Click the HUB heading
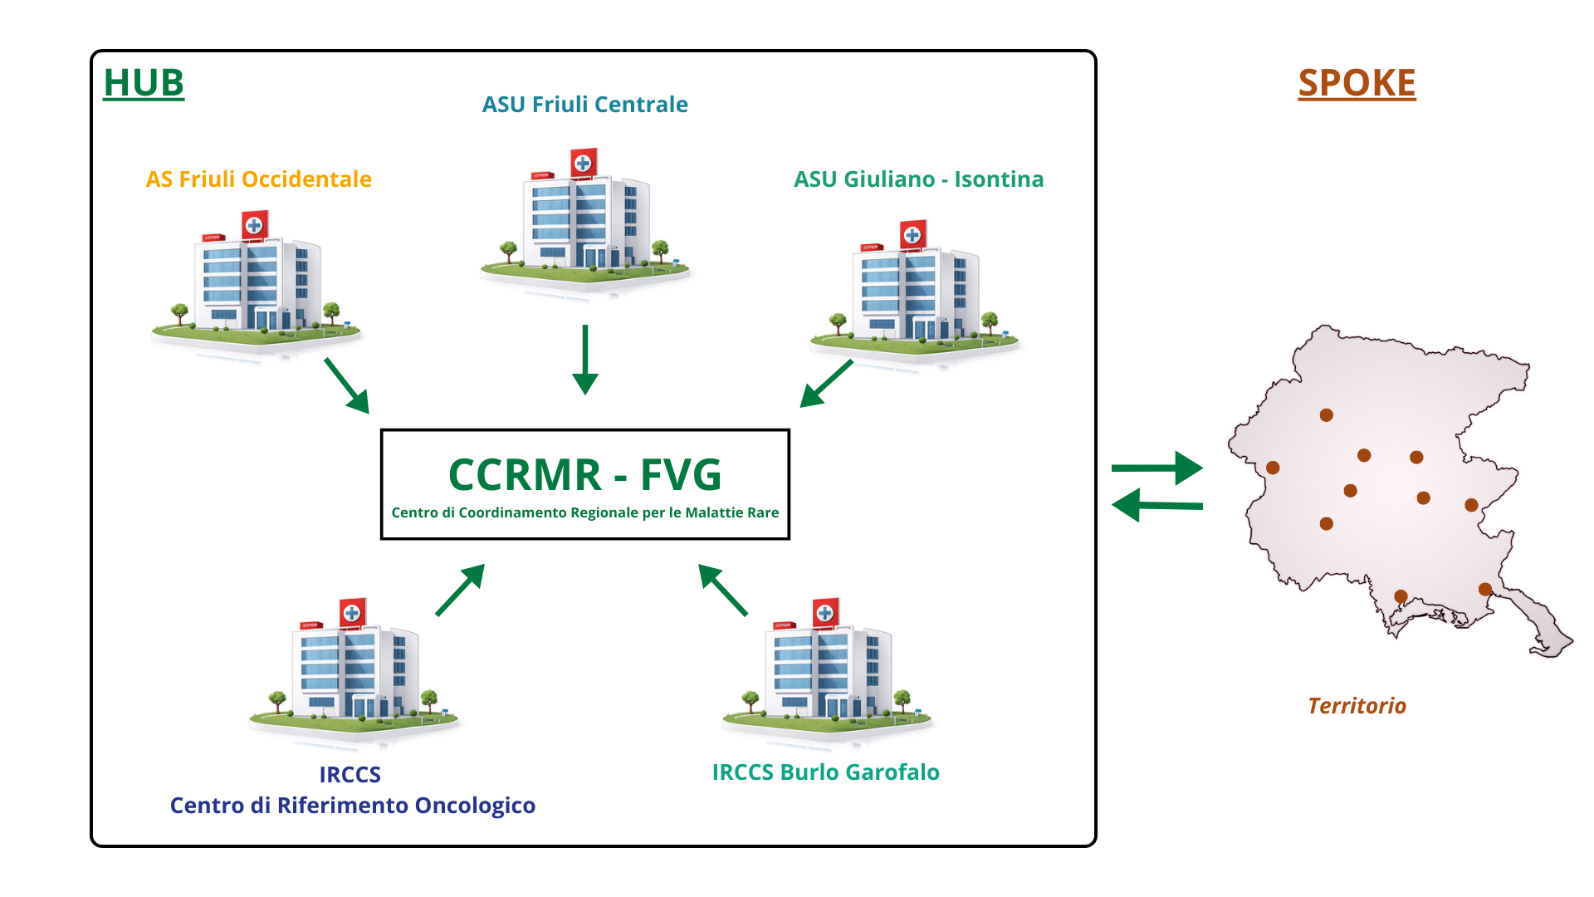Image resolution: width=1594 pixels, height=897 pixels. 144,83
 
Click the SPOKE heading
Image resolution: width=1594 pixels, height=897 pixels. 1357,83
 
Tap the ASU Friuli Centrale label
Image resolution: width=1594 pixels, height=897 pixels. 584,105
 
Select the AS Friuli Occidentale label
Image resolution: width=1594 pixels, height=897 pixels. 258,179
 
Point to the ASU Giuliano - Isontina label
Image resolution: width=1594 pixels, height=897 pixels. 918,179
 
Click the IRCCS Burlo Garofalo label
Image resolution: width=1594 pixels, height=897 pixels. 825,772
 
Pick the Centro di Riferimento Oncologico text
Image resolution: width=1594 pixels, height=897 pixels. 352,806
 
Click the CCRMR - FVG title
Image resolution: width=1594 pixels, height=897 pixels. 584,475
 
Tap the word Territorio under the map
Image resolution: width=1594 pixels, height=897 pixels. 1357,706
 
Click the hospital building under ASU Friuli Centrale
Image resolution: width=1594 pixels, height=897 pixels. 584,220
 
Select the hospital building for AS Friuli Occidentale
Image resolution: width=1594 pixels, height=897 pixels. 256,282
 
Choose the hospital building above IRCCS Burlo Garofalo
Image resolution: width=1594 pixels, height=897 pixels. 827,669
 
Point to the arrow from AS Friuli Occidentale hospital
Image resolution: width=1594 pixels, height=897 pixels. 346,385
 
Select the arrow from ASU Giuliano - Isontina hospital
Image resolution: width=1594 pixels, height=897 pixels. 826,383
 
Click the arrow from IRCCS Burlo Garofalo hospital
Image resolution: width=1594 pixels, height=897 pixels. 723,590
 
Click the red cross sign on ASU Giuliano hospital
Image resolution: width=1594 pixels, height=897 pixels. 913,235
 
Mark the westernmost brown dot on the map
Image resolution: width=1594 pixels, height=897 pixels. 1273,468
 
